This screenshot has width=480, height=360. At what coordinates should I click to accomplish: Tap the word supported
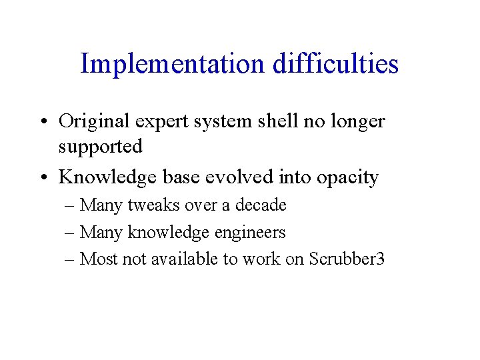(x=101, y=147)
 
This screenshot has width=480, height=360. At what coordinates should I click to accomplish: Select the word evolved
(x=229, y=177)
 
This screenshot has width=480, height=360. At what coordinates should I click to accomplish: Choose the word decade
(x=261, y=205)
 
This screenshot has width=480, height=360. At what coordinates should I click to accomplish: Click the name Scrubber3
(x=347, y=259)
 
